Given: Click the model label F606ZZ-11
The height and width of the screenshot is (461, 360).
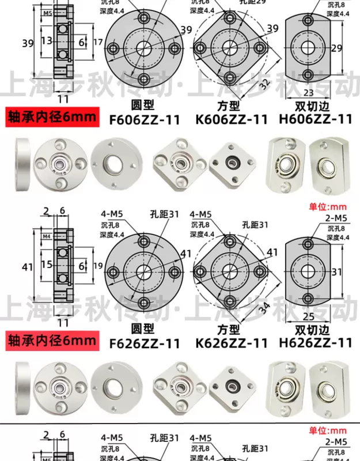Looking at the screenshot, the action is pos(145,119).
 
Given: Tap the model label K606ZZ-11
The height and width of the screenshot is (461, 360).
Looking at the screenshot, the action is pos(231,119).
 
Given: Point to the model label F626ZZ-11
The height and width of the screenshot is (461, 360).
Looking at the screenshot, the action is pos(145,343).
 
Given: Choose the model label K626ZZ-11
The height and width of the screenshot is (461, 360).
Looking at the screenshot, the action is pos(231,343).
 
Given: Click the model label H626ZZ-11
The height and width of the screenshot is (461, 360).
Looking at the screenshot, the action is pos(315,343).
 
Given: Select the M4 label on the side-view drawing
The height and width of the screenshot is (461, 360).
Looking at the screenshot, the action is pos(47,235).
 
